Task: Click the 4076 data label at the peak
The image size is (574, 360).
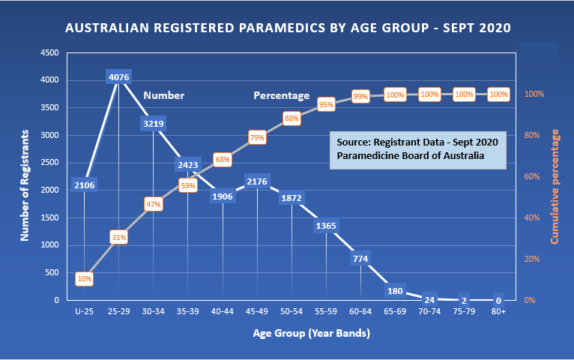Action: (119, 76)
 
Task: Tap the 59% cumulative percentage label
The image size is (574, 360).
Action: (188, 185)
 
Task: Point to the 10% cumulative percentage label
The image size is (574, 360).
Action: (84, 279)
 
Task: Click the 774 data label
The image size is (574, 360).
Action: (361, 259)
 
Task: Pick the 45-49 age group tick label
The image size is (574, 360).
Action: (257, 310)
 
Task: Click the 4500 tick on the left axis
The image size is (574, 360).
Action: (49, 53)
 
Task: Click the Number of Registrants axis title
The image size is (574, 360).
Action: (24, 184)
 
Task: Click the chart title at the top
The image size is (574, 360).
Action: (288, 28)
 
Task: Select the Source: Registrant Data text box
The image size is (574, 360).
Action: (417, 148)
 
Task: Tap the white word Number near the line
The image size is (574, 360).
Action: (163, 95)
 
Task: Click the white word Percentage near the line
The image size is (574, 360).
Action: (281, 95)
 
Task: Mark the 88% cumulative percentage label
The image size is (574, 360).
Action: (291, 118)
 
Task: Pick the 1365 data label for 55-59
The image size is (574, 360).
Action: (326, 226)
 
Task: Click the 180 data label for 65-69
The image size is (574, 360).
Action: (396, 290)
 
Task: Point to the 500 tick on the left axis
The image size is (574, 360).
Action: (52, 272)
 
